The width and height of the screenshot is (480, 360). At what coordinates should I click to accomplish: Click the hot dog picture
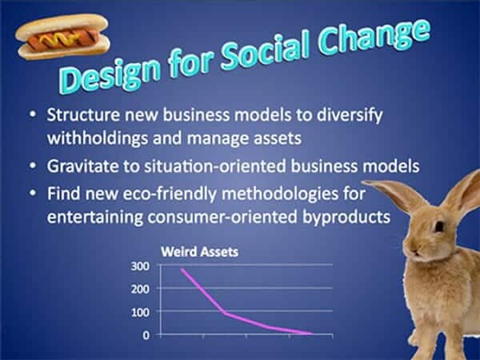(62, 36)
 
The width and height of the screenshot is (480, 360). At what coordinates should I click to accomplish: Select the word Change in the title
(374, 38)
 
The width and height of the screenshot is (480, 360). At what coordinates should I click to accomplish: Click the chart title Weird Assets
(199, 252)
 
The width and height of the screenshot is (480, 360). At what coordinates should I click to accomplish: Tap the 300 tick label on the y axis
(140, 266)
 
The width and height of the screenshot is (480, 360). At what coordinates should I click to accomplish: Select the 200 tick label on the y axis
(140, 289)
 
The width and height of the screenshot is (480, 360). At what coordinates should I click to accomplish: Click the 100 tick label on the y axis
(140, 312)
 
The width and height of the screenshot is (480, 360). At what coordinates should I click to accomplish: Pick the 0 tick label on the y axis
(146, 335)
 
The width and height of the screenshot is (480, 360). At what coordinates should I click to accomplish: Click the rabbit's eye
(439, 226)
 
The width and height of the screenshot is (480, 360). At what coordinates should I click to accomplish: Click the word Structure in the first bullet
(83, 114)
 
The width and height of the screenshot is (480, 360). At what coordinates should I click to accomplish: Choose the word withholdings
(98, 138)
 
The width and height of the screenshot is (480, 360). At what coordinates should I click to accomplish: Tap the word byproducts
(346, 218)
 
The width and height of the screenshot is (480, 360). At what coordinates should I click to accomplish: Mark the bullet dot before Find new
(33, 193)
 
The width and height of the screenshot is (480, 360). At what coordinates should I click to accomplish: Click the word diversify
(350, 115)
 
